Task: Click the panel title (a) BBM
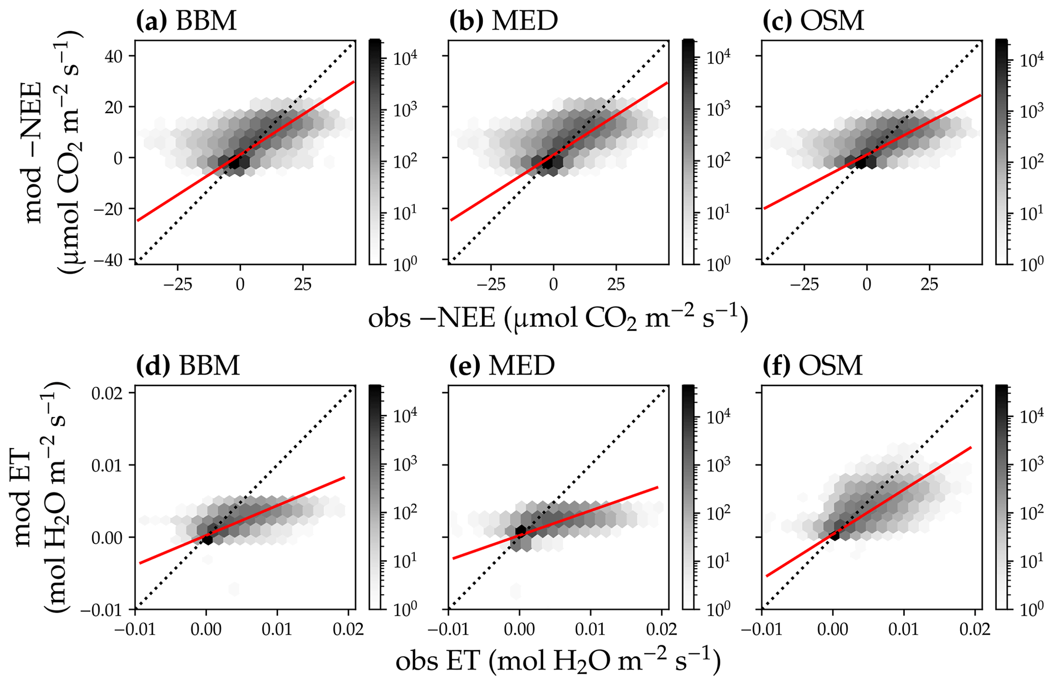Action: tap(186, 21)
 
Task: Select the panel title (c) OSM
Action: tap(813, 21)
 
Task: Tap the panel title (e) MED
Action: tap(502, 365)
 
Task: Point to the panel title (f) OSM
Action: tap(813, 365)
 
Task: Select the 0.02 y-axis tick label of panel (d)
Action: tap(111, 393)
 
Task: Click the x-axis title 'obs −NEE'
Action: tap(558, 319)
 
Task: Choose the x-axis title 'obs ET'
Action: tap(558, 662)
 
